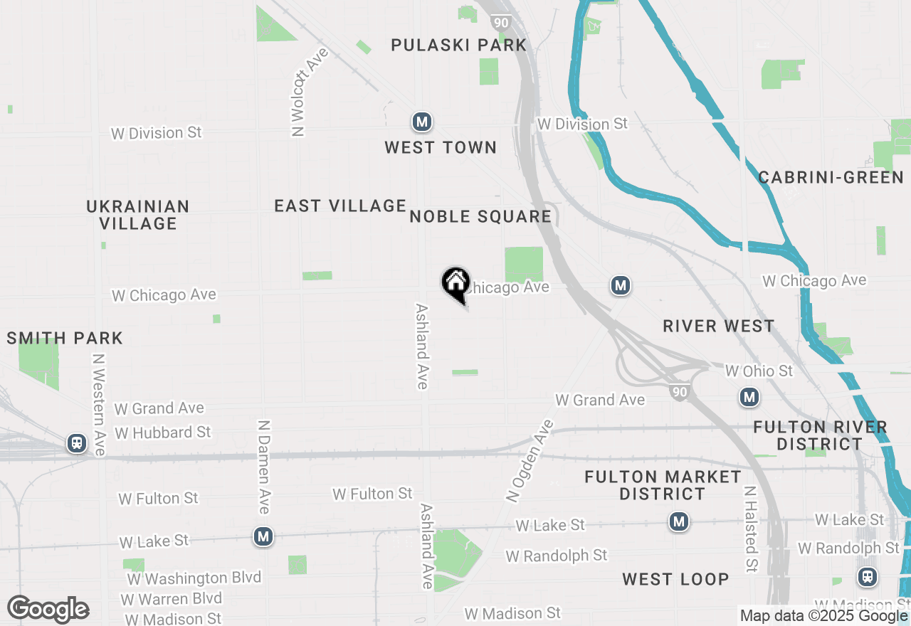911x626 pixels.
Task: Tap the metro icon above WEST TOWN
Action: pyautogui.click(x=422, y=122)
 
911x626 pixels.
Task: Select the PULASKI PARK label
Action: pyautogui.click(x=459, y=46)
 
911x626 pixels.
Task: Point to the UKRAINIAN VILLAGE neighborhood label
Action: pyautogui.click(x=138, y=215)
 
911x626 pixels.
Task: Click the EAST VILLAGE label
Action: pyautogui.click(x=340, y=206)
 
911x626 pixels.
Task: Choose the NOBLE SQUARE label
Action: pyautogui.click(x=480, y=217)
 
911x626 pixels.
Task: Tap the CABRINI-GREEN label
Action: pyautogui.click(x=831, y=178)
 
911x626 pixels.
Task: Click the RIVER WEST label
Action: pyautogui.click(x=718, y=327)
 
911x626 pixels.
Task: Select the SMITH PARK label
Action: pyautogui.click(x=65, y=338)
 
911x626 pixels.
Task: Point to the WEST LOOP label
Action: pyautogui.click(x=675, y=580)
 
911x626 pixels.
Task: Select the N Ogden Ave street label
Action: pyautogui.click(x=529, y=462)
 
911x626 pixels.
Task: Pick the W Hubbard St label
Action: pyautogui.click(x=162, y=433)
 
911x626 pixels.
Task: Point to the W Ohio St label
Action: pyautogui.click(x=758, y=371)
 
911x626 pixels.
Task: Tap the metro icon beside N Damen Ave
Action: pyautogui.click(x=264, y=536)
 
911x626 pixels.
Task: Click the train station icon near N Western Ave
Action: pyautogui.click(x=76, y=444)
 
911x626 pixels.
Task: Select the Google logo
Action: pyautogui.click(x=48, y=610)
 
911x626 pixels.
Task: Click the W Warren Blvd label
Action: pyautogui.click(x=171, y=599)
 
